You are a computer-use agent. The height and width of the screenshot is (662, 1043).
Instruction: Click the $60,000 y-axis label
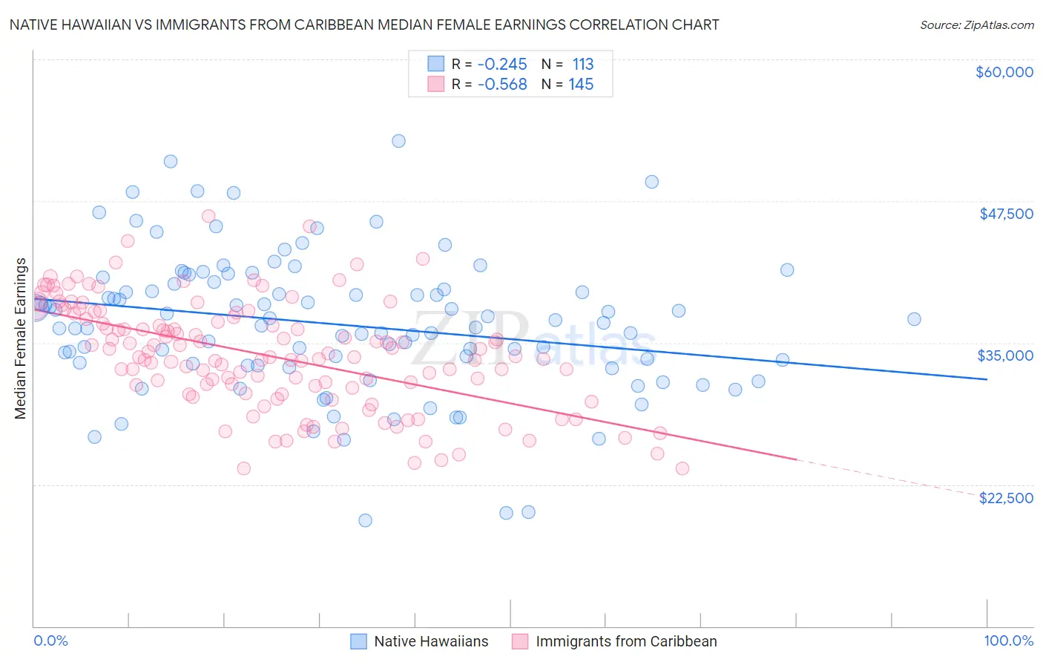click(1004, 72)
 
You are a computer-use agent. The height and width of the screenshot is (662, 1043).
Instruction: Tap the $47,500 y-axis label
click(1006, 214)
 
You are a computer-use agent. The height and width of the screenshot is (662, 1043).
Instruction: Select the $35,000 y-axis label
click(1005, 355)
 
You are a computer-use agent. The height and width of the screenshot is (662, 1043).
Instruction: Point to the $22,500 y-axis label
click(1006, 498)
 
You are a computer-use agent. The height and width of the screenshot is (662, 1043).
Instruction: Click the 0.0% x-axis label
click(50, 640)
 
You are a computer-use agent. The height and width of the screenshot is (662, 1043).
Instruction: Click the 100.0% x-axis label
click(1008, 640)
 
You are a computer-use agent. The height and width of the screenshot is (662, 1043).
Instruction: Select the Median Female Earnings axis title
click(21, 338)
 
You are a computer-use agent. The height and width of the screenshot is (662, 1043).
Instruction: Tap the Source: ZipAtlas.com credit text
click(976, 24)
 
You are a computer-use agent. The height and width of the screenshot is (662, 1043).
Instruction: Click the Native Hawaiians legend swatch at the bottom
click(359, 641)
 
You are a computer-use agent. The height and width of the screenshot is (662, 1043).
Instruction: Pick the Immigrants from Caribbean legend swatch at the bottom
click(520, 641)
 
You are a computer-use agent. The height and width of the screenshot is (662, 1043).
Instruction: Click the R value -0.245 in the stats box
click(502, 64)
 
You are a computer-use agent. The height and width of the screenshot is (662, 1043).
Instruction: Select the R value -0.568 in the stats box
click(502, 84)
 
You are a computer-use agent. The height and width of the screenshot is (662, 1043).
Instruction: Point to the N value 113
click(582, 64)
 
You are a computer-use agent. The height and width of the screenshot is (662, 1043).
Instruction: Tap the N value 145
click(581, 84)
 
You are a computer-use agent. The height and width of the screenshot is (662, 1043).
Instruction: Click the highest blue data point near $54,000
click(398, 141)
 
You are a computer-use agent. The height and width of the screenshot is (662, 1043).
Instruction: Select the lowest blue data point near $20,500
click(365, 520)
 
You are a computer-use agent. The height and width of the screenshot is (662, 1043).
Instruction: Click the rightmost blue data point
click(914, 319)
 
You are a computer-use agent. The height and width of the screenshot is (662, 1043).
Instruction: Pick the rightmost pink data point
click(682, 468)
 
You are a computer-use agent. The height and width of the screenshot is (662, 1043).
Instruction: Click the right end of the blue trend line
click(987, 379)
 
